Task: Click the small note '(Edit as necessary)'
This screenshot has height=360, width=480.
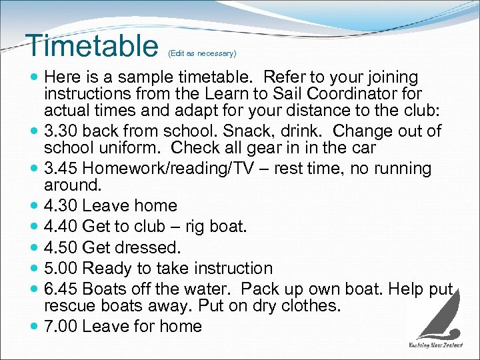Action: point(202,53)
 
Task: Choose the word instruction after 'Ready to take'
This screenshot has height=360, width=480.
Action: point(226,269)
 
